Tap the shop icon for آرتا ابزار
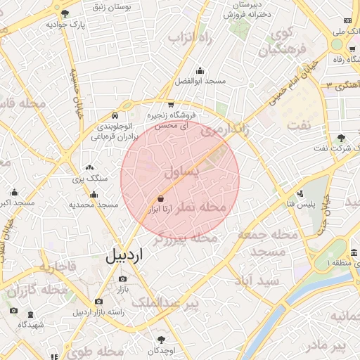161,198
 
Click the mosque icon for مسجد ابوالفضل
200,70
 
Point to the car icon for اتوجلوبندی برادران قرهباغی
115,115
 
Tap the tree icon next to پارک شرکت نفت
342,137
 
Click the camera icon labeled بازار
123,279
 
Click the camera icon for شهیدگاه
13,311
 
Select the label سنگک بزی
89,179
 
